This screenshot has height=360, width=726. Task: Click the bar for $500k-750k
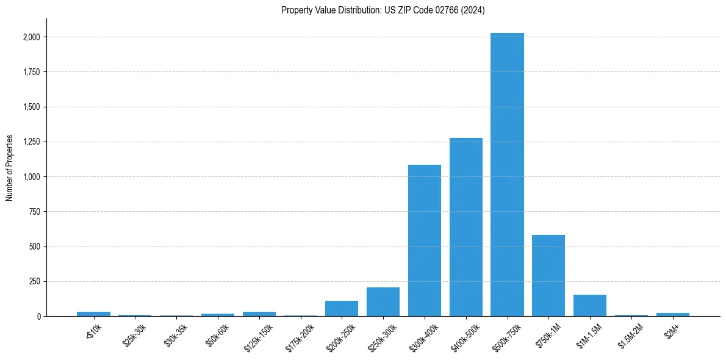tap(507, 175)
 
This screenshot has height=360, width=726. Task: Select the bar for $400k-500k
tap(465, 227)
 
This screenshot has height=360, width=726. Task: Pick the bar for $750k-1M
tap(548, 275)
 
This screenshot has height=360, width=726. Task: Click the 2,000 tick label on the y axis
tap(31, 37)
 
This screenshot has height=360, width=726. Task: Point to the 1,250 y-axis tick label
tap(31, 142)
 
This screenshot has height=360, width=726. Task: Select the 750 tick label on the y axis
tap(34, 212)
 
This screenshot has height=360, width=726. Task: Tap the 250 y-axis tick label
tap(34, 281)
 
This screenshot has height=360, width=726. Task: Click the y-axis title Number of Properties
tap(10, 168)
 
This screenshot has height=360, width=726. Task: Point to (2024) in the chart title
tap(473, 10)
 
